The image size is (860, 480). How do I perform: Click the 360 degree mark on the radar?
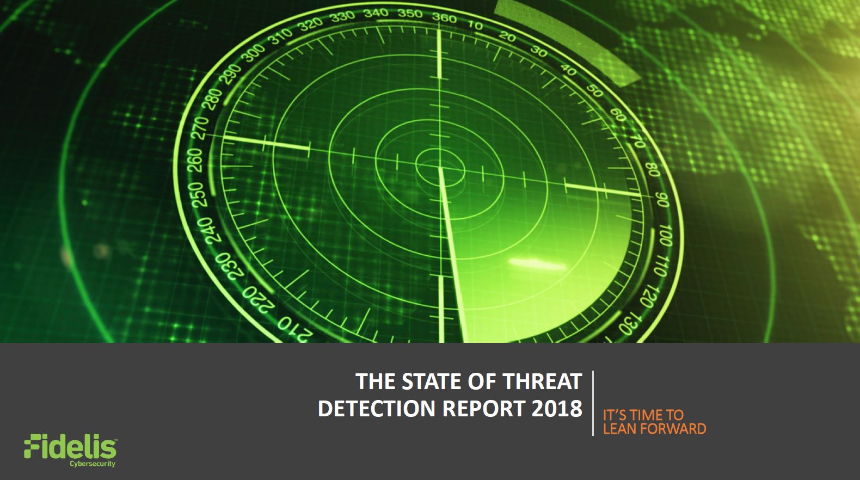click(x=444, y=17)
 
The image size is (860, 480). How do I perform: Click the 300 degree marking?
click(x=255, y=53)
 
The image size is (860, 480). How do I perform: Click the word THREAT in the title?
click(x=543, y=381)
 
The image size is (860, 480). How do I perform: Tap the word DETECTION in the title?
click(x=378, y=408)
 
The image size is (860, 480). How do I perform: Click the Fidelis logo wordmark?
click(x=70, y=447)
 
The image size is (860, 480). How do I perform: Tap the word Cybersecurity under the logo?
click(x=92, y=464)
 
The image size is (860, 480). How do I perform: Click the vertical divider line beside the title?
click(x=593, y=403)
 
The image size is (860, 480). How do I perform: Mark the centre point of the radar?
click(x=440, y=168)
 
